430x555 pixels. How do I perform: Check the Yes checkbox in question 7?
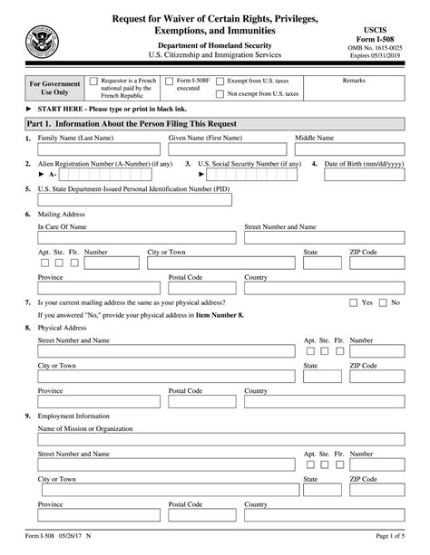353,302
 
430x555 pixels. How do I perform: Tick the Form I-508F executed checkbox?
169,81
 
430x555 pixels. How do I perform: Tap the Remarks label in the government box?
354,81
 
